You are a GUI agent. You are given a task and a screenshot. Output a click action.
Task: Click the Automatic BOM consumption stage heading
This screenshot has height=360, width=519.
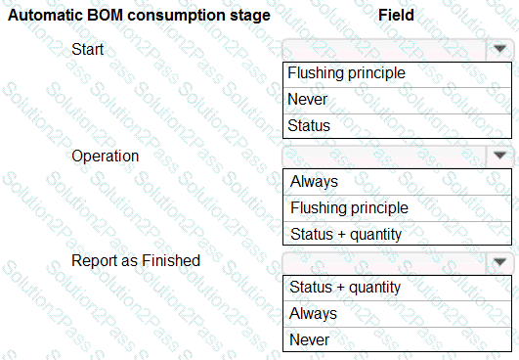pos(139,16)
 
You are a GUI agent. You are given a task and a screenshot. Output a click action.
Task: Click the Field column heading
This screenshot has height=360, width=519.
pos(396,16)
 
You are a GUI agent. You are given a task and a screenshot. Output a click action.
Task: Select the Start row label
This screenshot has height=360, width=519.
pos(87,49)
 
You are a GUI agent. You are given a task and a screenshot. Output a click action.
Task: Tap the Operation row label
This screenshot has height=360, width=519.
pos(106,157)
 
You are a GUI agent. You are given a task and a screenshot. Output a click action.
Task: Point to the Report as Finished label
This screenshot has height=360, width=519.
pos(136,260)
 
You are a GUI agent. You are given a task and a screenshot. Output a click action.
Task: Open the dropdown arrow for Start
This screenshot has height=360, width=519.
pos(499,49)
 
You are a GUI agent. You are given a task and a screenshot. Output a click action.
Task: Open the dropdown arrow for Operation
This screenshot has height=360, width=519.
pos(499,155)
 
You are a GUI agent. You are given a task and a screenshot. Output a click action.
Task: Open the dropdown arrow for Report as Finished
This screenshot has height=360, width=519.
pos(499,262)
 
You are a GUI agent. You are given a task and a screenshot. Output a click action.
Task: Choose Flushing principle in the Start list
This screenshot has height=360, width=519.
pos(346,73)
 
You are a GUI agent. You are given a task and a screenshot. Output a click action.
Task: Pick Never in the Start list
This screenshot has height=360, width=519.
pos(308,100)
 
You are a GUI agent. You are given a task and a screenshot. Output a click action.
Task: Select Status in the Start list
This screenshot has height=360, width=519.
pos(309,125)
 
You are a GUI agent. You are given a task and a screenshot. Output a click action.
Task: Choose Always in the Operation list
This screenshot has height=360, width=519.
pos(314,182)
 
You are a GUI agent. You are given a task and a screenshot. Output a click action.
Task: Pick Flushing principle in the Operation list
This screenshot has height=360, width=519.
pos(349,208)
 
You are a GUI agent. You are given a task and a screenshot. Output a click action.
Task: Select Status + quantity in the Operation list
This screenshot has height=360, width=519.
pos(346,235)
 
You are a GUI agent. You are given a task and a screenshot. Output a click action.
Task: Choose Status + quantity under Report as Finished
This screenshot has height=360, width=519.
pos(345,288)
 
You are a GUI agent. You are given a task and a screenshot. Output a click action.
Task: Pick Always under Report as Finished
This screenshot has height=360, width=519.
pos(313,313)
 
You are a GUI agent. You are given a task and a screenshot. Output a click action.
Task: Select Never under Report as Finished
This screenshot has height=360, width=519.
pos(310,339)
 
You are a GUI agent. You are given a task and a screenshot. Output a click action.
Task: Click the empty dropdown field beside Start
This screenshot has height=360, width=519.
pos(385,50)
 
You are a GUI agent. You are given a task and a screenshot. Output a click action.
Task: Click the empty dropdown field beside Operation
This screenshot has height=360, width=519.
pos(385,156)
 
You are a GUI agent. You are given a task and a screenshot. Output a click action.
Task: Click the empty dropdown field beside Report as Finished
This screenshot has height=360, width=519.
pos(385,262)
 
